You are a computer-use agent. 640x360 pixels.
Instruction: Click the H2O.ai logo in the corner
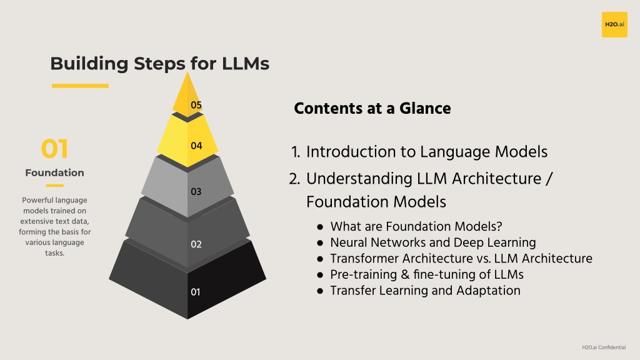click(x=614, y=24)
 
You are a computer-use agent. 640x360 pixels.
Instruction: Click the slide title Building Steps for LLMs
click(x=159, y=64)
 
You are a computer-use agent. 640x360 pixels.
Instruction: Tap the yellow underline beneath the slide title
click(x=80, y=86)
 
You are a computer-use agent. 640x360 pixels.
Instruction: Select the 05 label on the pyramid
click(x=196, y=105)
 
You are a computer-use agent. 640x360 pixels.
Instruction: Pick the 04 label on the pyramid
click(x=196, y=146)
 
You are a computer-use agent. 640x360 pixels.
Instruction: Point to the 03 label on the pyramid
click(x=196, y=191)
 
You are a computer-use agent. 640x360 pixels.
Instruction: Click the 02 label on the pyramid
click(x=196, y=244)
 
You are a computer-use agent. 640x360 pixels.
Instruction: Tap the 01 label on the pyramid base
click(x=196, y=292)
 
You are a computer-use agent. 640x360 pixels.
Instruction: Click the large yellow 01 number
click(x=54, y=149)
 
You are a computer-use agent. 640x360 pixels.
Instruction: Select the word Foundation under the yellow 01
click(x=55, y=172)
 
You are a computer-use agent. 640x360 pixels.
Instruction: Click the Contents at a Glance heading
click(x=372, y=109)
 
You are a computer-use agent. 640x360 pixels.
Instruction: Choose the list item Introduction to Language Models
click(x=426, y=152)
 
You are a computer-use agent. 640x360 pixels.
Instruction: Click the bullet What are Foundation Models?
click(x=416, y=226)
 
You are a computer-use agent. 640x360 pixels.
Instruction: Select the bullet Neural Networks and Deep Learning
click(x=433, y=242)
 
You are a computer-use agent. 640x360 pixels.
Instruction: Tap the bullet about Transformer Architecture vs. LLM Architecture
click(x=461, y=258)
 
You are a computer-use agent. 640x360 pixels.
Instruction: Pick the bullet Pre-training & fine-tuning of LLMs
click(x=427, y=275)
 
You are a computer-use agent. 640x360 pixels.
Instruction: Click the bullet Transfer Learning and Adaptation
click(x=425, y=291)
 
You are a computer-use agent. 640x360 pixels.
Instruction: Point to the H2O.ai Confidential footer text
click(x=604, y=347)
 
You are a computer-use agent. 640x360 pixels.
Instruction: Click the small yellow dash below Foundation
click(x=55, y=186)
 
